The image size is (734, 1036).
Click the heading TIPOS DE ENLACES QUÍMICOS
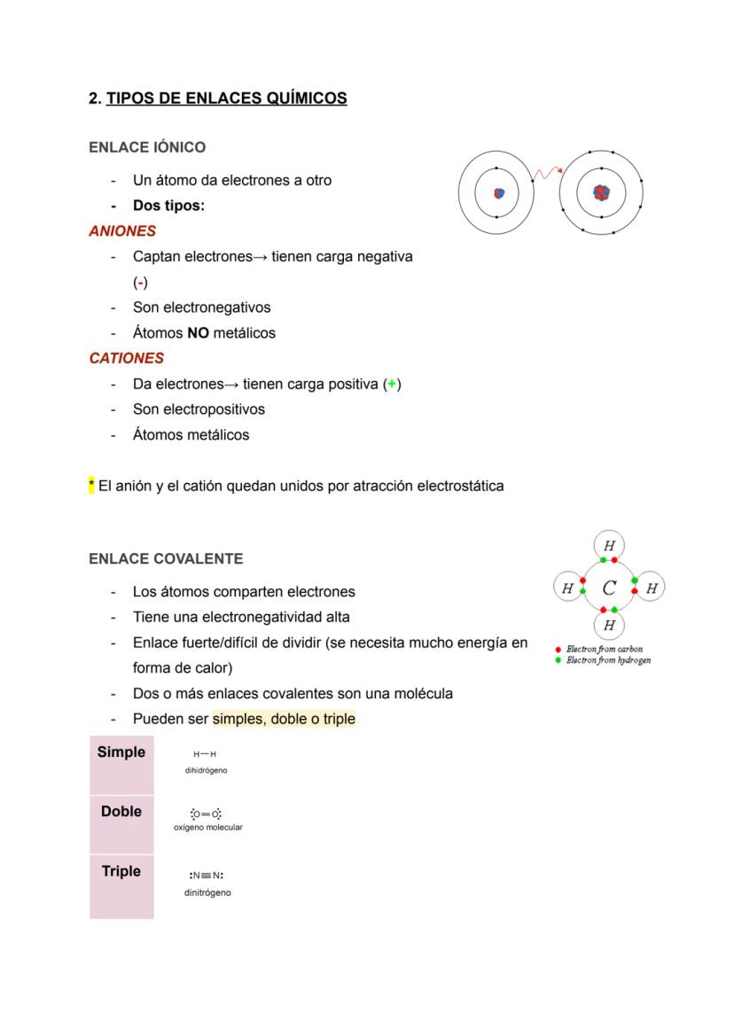click(226, 98)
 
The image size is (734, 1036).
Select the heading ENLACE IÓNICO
click(147, 147)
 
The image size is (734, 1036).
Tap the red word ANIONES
click(122, 231)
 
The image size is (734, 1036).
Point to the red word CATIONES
click(126, 359)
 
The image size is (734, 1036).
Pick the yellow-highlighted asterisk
click(91, 486)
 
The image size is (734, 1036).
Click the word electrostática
click(460, 486)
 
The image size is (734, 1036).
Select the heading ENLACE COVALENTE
click(166, 559)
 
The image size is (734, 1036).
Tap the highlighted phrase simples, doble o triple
click(284, 719)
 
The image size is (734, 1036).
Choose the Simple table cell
click(121, 764)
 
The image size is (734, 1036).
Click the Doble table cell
click(121, 823)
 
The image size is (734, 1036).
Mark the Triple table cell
click(121, 884)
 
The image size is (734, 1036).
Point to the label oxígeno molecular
click(208, 827)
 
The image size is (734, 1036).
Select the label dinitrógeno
click(207, 892)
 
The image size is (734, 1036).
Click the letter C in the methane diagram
click(609, 587)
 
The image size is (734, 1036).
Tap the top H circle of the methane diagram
click(609, 545)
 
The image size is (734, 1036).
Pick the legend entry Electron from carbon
click(604, 650)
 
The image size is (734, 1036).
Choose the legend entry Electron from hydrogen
click(608, 660)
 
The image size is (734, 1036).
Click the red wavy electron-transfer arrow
click(546, 173)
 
